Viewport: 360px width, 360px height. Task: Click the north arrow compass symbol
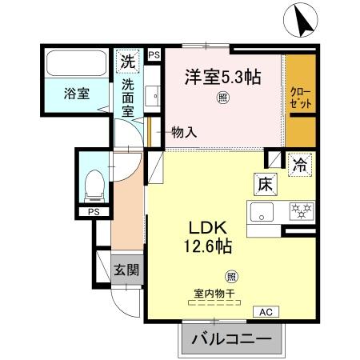[303, 20]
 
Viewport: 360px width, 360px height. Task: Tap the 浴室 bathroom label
[77, 93]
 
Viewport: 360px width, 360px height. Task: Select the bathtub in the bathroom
[77, 62]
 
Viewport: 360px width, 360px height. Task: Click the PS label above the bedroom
[154, 54]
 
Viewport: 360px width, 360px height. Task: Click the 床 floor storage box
[266, 183]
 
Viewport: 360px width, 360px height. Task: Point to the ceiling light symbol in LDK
[231, 277]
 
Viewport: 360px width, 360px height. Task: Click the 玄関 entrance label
[125, 269]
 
